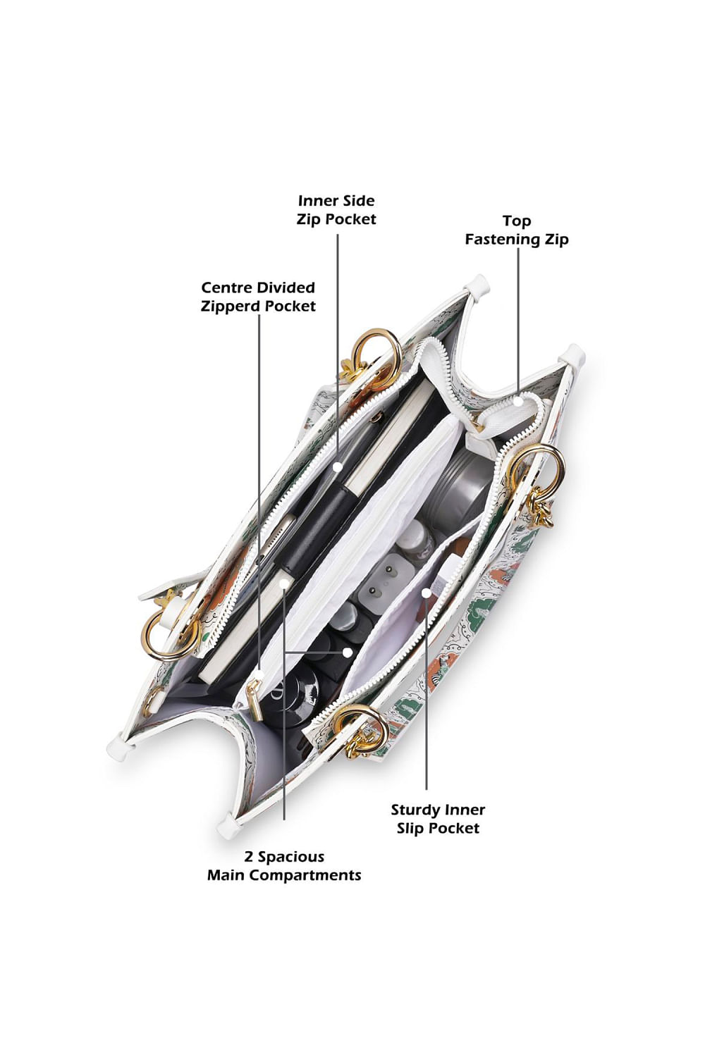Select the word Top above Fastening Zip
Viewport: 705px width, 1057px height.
pos(517,221)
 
